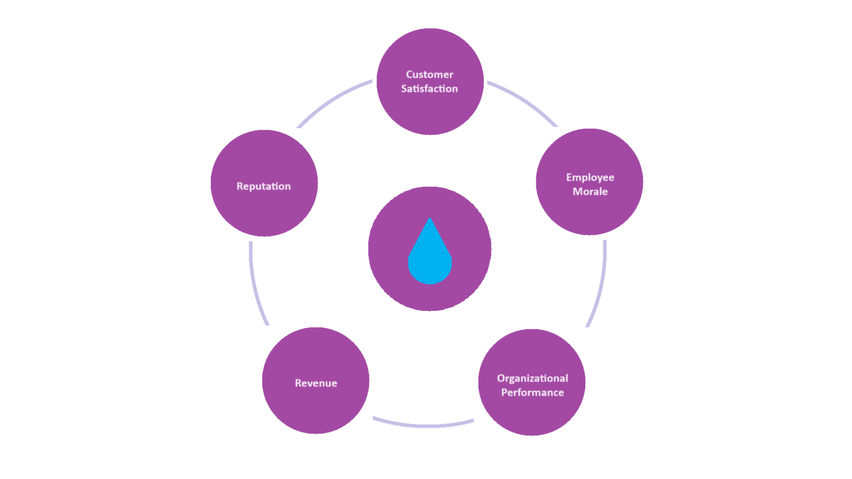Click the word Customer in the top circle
429,74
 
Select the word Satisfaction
429,89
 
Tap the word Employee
590,177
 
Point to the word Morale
590,192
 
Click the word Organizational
532,378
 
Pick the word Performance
532,393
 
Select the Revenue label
316,383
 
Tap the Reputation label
263,186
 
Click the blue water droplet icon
430,261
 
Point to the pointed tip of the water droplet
430,220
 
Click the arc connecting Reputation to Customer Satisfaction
331,100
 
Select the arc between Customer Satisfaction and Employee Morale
525,100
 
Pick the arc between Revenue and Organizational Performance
424,425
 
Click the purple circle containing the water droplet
388,249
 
